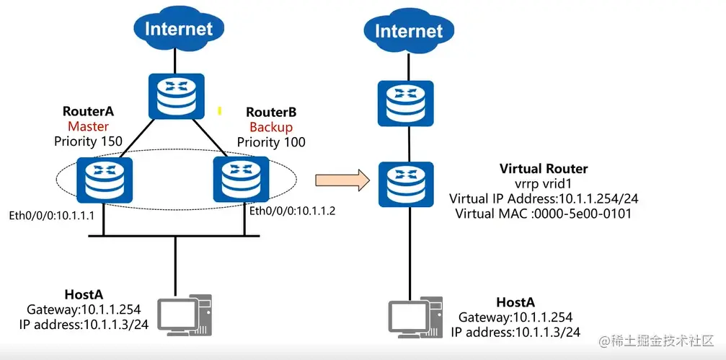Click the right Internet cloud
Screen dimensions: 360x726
click(x=409, y=31)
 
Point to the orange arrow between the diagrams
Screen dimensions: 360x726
click(x=338, y=180)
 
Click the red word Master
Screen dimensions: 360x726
click(x=89, y=127)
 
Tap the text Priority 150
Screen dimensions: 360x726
click(x=89, y=141)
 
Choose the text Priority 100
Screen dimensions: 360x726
click(x=271, y=142)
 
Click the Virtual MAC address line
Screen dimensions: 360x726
click(x=544, y=214)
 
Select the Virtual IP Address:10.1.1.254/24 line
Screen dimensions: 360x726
click(x=544, y=198)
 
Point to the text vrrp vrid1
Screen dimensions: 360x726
click(x=544, y=183)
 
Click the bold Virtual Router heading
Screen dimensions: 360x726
click(x=544, y=169)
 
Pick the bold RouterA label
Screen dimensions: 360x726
click(x=89, y=113)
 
